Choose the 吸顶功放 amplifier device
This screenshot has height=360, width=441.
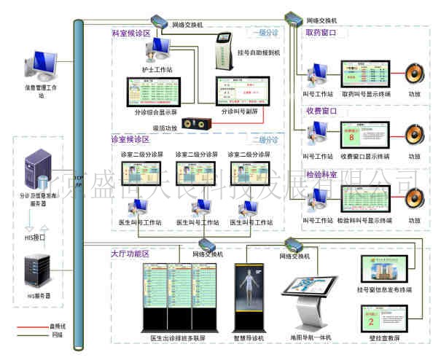click(197, 124)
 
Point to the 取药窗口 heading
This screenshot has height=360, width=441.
click(321, 34)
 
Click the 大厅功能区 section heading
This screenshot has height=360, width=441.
click(130, 254)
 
